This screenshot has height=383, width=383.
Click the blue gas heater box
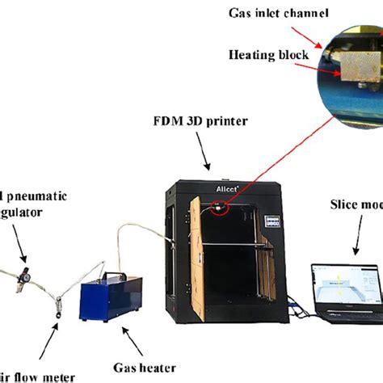[x=110, y=298]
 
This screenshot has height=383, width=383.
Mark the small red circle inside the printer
[x=218, y=209]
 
